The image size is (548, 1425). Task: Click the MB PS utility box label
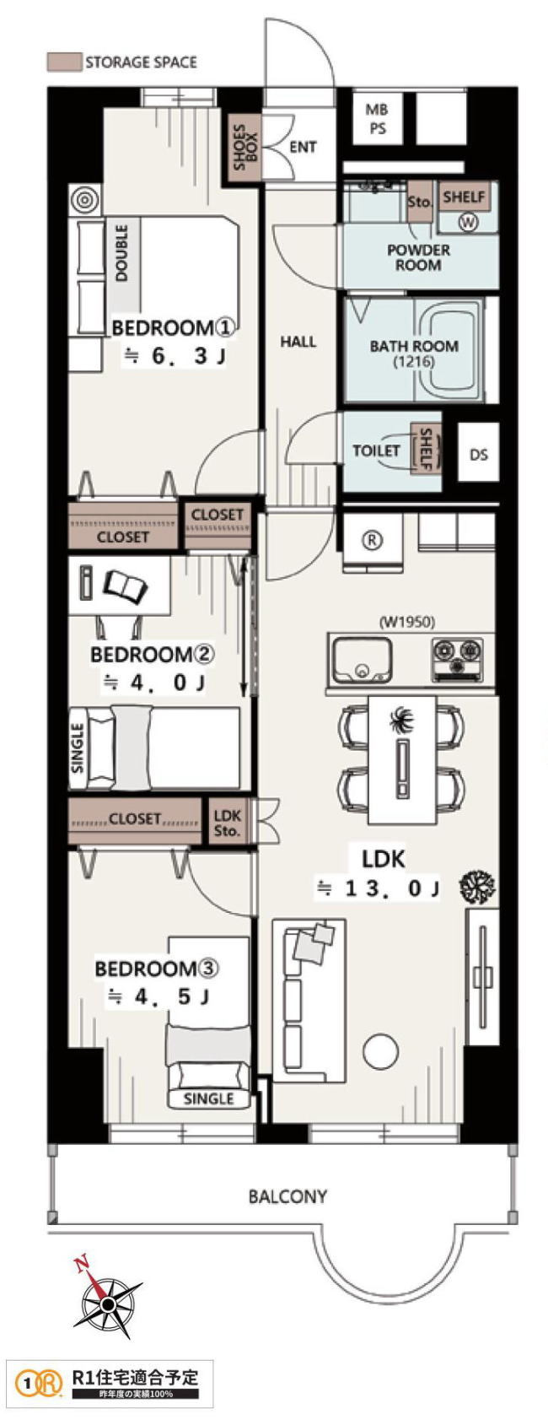click(x=377, y=119)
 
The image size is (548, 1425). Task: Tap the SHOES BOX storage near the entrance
click(x=244, y=148)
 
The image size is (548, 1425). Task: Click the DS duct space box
click(x=479, y=454)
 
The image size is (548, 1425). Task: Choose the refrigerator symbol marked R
click(x=373, y=540)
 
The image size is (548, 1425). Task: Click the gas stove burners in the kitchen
click(x=456, y=656)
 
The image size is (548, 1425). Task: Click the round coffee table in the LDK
click(x=381, y=1050)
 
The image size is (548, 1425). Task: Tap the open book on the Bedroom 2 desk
click(x=126, y=585)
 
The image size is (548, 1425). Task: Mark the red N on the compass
click(x=81, y=1263)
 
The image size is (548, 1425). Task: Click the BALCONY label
click(x=287, y=1196)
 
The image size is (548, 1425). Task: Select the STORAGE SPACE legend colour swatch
click(x=64, y=62)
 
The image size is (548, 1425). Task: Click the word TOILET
click(x=376, y=451)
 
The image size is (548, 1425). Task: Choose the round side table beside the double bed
click(x=84, y=201)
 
